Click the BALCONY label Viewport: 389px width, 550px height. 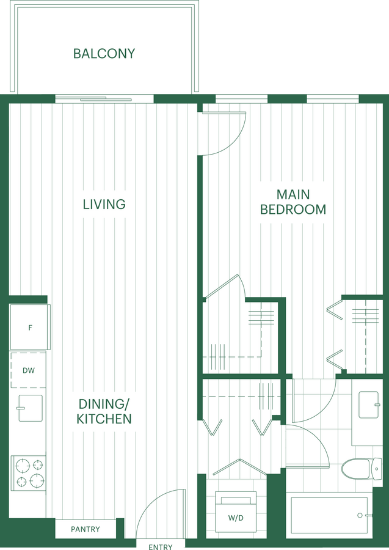point(104,54)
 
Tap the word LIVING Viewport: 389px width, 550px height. point(104,204)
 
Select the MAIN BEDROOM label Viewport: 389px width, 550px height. point(293,202)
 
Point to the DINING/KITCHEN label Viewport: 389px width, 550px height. point(104,411)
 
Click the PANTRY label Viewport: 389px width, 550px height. point(85,529)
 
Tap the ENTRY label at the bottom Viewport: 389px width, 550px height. point(161,547)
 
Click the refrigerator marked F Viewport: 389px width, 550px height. point(30,328)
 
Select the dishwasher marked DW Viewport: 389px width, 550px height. point(28,370)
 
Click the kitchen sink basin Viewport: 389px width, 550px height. point(30,408)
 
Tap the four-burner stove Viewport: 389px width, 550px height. point(29,473)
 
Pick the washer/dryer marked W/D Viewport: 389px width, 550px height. point(236,512)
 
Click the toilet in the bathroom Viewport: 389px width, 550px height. point(362,469)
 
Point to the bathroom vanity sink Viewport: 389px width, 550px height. point(369,405)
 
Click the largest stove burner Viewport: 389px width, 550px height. point(37,480)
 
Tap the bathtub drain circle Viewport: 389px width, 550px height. point(360,515)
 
